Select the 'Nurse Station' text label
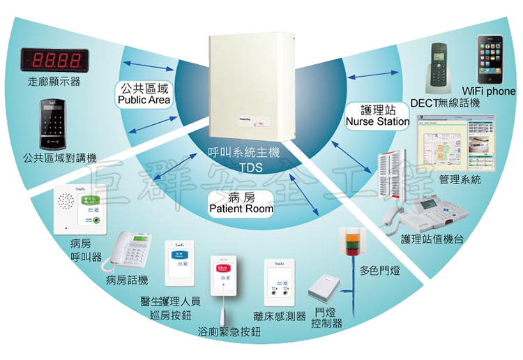tap(377, 122)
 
